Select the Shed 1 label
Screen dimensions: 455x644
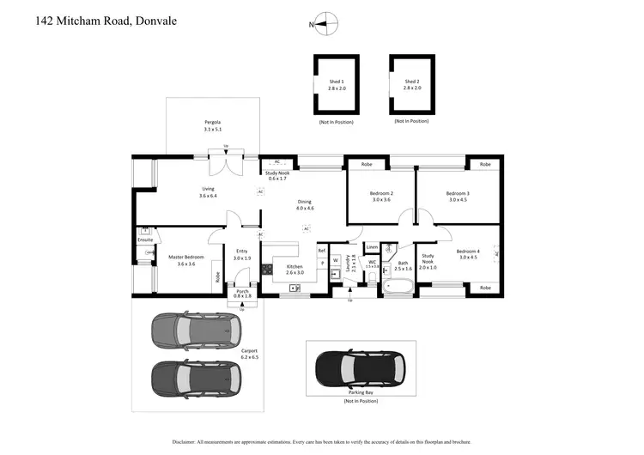click(x=337, y=84)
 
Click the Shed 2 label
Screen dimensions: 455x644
click(x=412, y=84)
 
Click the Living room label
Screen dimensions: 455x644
click(x=209, y=192)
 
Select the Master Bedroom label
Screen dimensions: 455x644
click(x=180, y=260)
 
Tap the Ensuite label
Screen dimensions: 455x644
click(x=145, y=240)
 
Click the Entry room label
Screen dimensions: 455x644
click(x=242, y=254)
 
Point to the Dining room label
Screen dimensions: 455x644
click(x=305, y=204)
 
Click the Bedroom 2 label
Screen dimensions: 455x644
click(x=381, y=196)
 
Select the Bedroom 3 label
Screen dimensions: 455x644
click(x=458, y=196)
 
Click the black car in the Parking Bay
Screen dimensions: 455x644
click(x=361, y=369)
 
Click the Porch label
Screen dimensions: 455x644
click(x=242, y=292)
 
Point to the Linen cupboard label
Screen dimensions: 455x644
click(x=372, y=247)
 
